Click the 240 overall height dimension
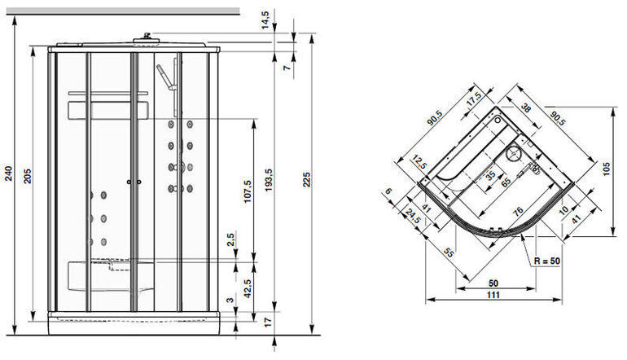point(8,173)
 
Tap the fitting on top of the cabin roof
point(147,35)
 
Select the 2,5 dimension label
point(231,242)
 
